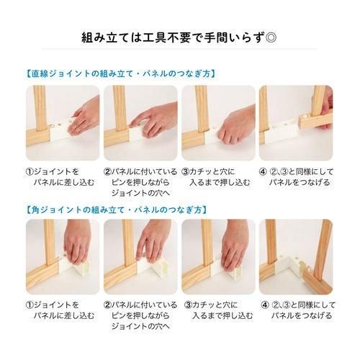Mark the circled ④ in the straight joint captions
(264, 173)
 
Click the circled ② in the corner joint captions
(107, 305)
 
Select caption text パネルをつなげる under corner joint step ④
(302, 317)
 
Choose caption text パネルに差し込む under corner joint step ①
(65, 317)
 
